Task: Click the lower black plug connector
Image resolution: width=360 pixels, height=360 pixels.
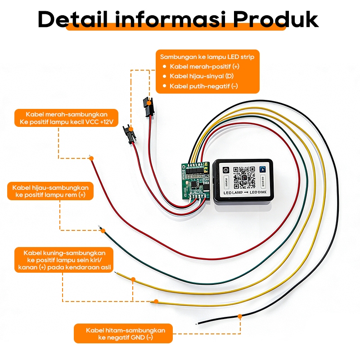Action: point(130,134)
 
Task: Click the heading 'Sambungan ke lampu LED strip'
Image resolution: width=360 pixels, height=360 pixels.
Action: point(207,57)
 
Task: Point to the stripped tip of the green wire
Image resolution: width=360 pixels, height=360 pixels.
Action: point(102,230)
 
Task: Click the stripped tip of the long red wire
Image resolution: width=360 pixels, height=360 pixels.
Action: point(91,157)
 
